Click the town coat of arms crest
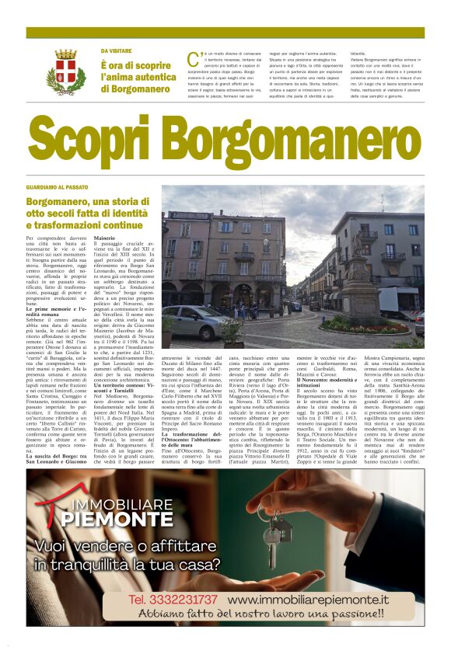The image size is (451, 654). coord(65,71)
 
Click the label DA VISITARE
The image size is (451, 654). coord(115,51)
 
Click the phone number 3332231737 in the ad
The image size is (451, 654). coord(173,600)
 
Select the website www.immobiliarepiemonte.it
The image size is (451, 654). coord(308,600)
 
